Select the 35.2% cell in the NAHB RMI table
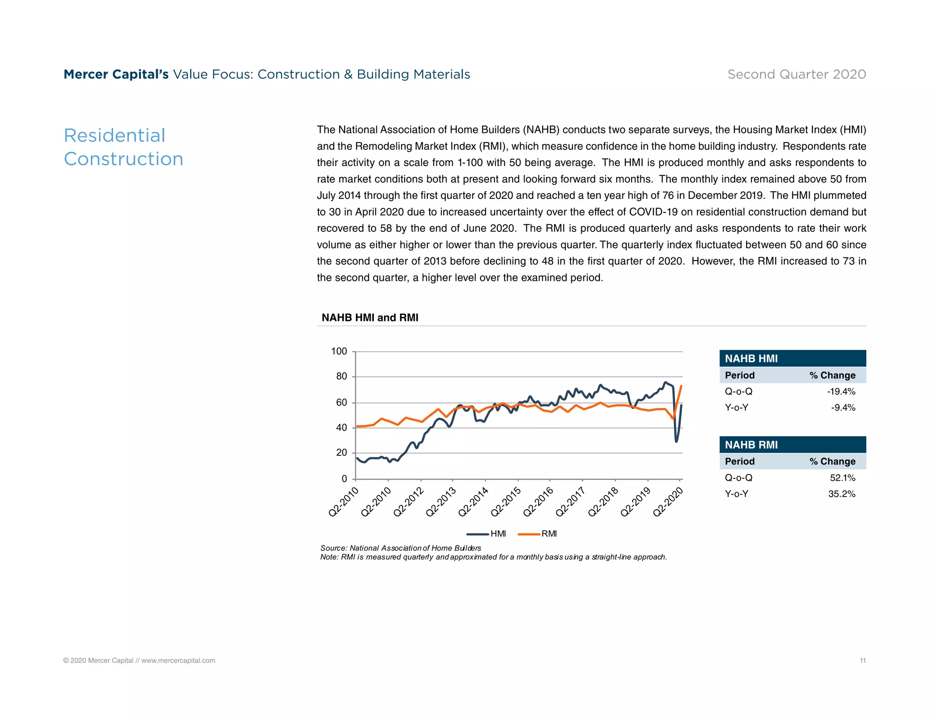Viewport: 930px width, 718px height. click(x=841, y=494)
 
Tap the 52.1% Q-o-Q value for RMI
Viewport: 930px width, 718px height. click(x=842, y=478)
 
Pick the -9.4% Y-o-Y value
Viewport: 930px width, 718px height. click(x=843, y=408)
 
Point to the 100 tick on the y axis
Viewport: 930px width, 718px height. click(x=339, y=351)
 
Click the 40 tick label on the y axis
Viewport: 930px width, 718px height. click(x=341, y=428)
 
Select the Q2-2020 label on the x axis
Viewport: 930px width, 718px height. click(x=668, y=502)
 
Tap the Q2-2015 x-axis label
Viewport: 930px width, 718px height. click(x=506, y=502)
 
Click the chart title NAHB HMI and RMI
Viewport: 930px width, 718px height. click(x=370, y=318)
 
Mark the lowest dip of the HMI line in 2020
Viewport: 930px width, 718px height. click(x=676, y=441)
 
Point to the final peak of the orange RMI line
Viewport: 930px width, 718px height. click(x=681, y=386)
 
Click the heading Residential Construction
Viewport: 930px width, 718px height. click(x=123, y=147)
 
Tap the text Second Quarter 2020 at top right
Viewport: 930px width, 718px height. click(x=796, y=74)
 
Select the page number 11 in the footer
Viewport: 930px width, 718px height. click(x=862, y=660)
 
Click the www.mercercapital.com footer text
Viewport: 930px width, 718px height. click(x=178, y=660)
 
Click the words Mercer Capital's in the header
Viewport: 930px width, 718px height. click(x=116, y=74)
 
